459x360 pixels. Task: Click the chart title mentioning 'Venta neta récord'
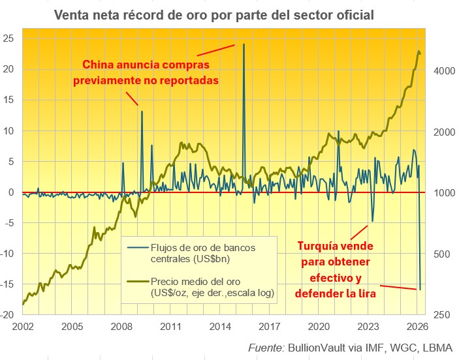pyautogui.click(x=214, y=14)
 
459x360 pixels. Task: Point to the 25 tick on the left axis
pyautogui.click(x=9, y=38)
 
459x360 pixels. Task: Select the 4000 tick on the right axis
pyautogui.click(x=443, y=71)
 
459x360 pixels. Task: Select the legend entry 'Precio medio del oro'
pyautogui.click(x=195, y=288)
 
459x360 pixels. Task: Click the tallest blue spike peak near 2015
pyautogui.click(x=244, y=44)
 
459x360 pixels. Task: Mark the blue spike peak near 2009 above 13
pyautogui.click(x=142, y=112)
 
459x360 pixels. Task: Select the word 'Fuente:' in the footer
pyautogui.click(x=266, y=346)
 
